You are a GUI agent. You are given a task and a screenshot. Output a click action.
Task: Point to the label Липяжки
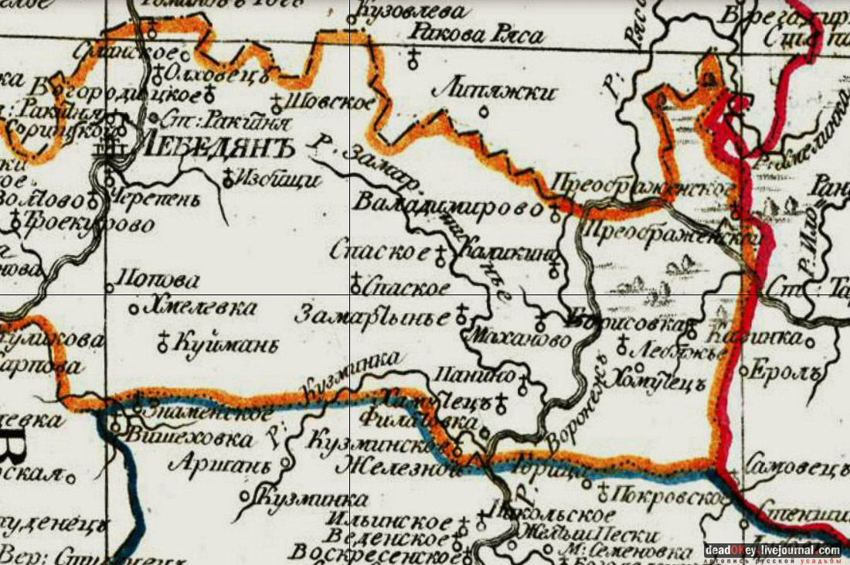click(x=495, y=93)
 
